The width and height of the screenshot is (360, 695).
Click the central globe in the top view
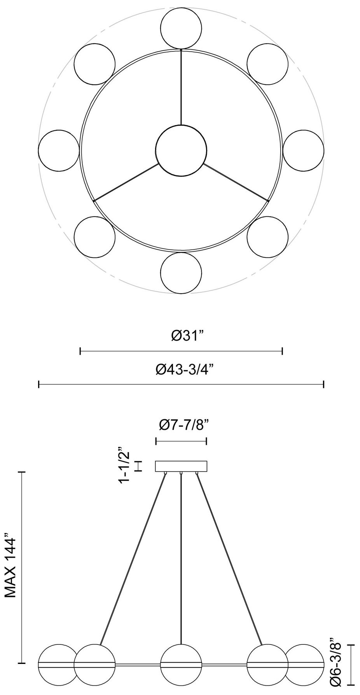click(x=181, y=150)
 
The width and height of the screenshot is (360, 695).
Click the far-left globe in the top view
click(x=59, y=151)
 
